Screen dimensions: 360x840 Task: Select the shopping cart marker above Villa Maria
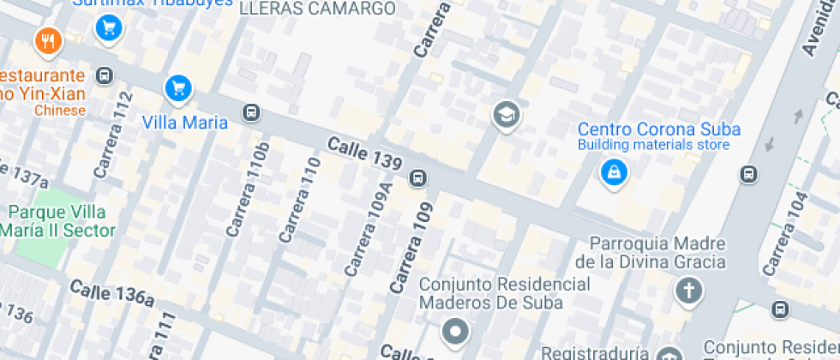[178, 87]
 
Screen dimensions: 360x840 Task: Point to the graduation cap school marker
[506, 114]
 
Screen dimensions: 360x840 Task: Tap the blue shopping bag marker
[614, 173]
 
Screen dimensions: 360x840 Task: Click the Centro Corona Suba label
[658, 129]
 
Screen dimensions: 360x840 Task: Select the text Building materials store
[653, 145]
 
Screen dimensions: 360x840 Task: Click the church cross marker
[687, 291]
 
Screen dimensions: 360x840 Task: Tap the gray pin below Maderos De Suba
[455, 330]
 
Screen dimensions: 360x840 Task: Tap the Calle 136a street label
[112, 293]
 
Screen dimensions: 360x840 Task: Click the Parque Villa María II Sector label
[58, 221]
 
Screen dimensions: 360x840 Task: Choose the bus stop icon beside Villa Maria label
[251, 112]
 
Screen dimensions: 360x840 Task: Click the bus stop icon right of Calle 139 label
[418, 177]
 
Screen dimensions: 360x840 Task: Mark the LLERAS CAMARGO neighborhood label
[317, 9]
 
